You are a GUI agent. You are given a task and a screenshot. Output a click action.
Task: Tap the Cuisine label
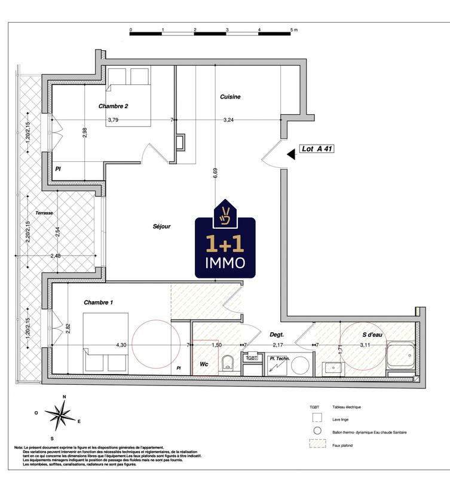[230, 97]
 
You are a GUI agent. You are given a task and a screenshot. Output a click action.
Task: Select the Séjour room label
[161, 226]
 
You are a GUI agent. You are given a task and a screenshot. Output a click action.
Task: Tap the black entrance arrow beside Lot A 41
[291, 154]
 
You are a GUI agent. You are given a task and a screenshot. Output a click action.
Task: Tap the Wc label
[204, 363]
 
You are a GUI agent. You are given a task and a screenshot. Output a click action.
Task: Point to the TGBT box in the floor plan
[252, 358]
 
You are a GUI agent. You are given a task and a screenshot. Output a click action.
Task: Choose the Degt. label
[276, 336]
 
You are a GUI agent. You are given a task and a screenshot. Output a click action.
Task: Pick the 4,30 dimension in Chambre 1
[121, 345]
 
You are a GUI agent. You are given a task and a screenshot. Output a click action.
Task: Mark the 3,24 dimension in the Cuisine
[229, 120]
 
